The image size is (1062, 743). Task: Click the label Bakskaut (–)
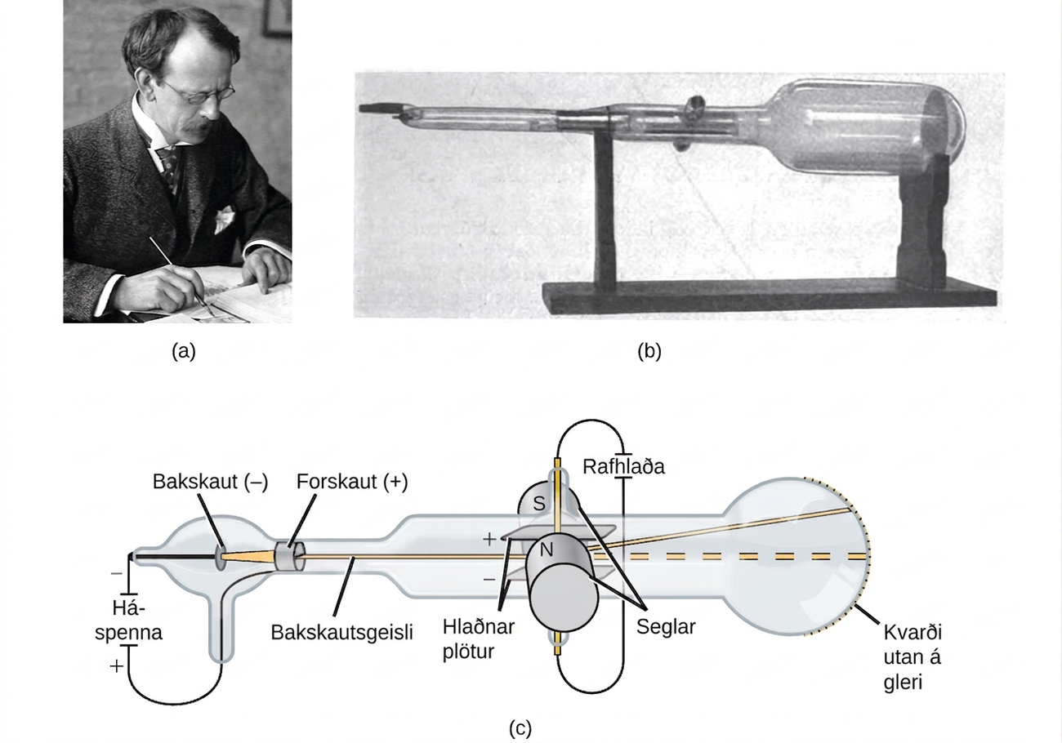[210, 482]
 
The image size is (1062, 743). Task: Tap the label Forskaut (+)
[352, 482]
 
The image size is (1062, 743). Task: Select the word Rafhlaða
[623, 467]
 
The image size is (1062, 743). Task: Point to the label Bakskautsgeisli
[341, 632]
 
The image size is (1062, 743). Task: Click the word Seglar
[666, 627]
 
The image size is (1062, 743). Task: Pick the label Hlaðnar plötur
[479, 638]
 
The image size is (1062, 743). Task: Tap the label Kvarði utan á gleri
[913, 658]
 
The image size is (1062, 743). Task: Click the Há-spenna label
[128, 621]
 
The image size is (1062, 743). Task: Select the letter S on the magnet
[539, 503]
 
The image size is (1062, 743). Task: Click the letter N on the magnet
[547, 549]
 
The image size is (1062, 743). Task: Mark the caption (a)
[184, 351]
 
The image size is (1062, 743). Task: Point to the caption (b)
[649, 351]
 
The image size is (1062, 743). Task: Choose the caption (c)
[520, 728]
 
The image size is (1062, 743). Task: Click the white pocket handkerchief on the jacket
[224, 219]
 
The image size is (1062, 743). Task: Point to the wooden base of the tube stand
[769, 299]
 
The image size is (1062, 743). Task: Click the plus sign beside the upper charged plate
[489, 539]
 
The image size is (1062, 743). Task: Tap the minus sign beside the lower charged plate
[489, 579]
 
